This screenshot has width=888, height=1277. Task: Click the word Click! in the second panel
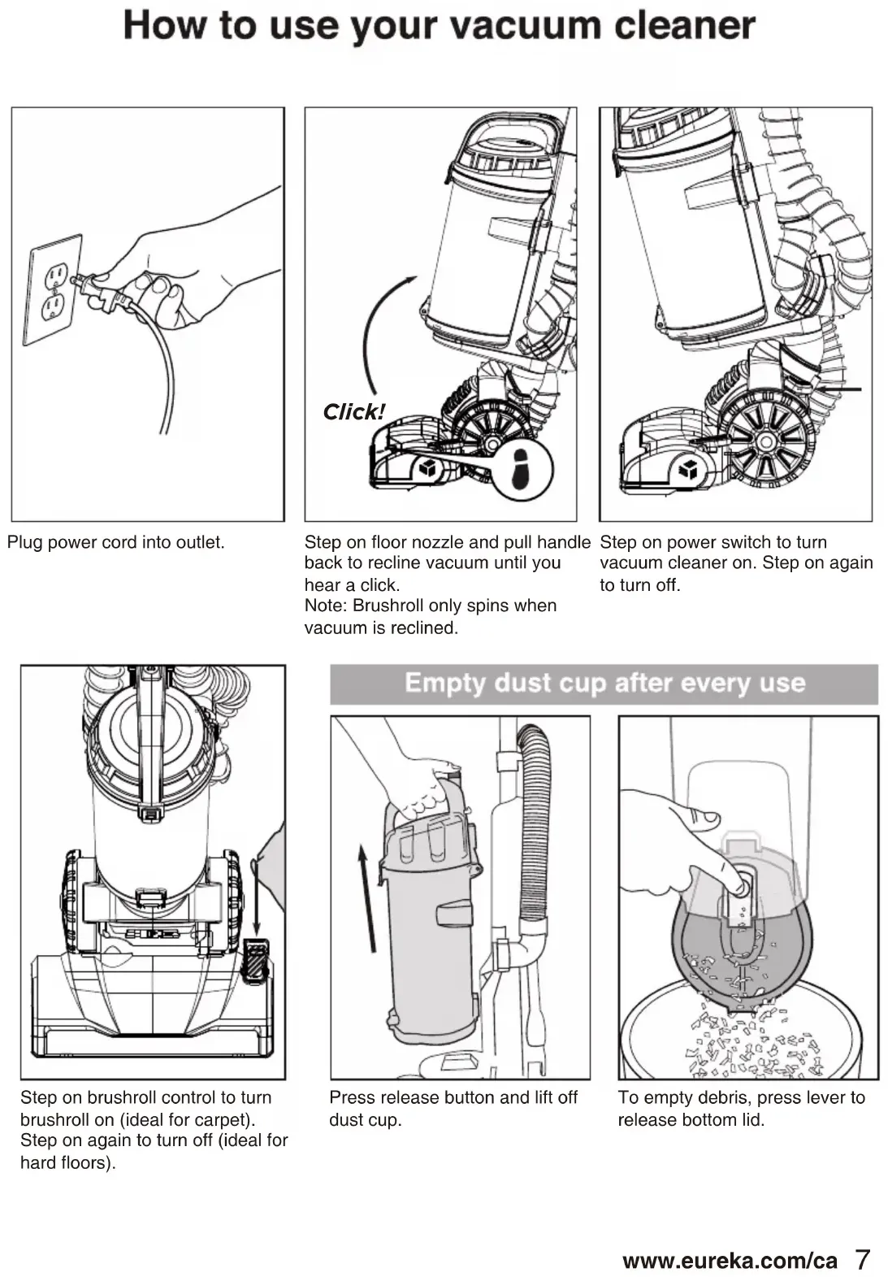(x=353, y=412)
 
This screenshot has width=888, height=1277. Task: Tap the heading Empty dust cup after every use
(x=604, y=683)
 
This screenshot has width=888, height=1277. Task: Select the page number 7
(x=862, y=1259)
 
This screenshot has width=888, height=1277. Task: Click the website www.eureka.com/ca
(x=729, y=1261)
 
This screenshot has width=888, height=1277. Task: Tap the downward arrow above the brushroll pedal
(x=256, y=895)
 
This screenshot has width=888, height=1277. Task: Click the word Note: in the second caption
(x=326, y=606)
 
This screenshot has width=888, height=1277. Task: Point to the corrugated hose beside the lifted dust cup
(x=535, y=821)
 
